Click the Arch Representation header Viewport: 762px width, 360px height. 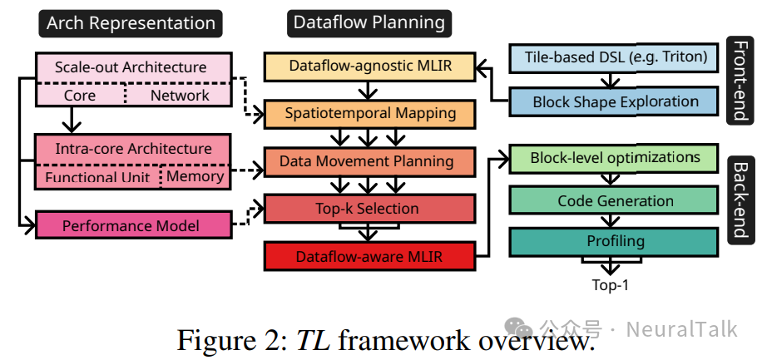[x=131, y=22]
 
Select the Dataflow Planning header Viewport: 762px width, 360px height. [x=368, y=22]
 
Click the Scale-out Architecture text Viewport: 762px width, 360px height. [x=131, y=67]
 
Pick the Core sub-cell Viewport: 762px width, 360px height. [x=80, y=96]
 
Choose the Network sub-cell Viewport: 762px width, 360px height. [x=180, y=96]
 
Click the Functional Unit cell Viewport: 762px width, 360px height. [x=97, y=177]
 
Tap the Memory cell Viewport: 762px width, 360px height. [x=195, y=176]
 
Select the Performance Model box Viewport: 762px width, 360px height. [x=131, y=225]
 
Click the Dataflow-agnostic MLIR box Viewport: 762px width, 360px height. [x=370, y=66]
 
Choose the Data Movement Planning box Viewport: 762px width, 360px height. [x=370, y=161]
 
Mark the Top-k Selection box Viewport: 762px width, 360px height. [x=370, y=208]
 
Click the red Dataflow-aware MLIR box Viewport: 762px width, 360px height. [x=370, y=257]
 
